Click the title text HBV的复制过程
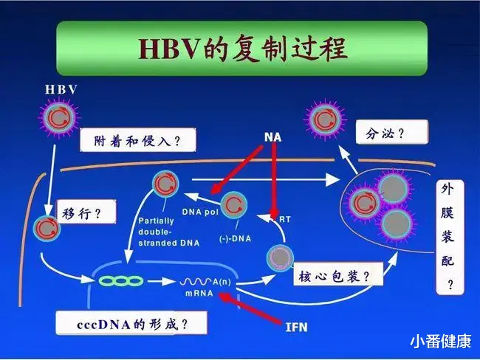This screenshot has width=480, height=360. point(242,48)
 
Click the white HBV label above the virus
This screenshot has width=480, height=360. point(61,89)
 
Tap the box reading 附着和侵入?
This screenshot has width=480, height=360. point(138,140)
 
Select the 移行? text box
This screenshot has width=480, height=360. point(86,212)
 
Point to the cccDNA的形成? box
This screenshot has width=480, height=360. point(131,323)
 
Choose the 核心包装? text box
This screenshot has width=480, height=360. point(338,274)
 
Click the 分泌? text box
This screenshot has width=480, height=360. point(392,132)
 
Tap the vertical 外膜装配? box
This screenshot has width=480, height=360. point(450,238)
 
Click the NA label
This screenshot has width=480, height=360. point(272,137)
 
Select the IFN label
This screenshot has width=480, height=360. point(296,328)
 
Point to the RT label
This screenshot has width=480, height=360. point(285,219)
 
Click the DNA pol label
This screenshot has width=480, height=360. point(200,212)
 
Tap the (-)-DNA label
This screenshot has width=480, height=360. point(235,238)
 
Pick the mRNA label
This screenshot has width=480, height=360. point(199,293)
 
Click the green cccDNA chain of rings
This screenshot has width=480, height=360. point(121,281)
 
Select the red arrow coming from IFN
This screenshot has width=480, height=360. point(250,308)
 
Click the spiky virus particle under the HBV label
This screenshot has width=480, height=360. point(59,117)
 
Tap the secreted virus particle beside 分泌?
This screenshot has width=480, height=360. point(326,120)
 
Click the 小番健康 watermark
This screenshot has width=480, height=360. point(441,341)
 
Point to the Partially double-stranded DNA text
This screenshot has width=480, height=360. point(168,232)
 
